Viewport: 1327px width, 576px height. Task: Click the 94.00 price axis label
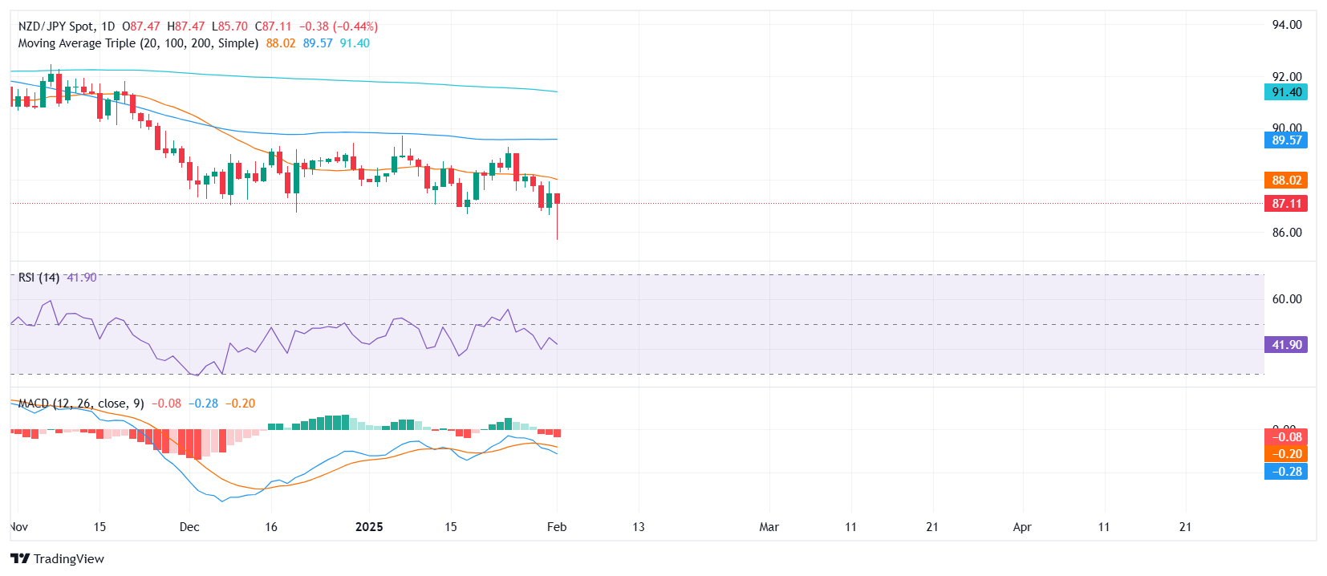tap(1287, 25)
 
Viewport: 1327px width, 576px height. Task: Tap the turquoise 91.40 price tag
tap(1286, 92)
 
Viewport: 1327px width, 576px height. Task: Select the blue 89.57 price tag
tap(1286, 140)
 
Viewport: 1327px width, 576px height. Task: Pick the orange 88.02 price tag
tap(1286, 181)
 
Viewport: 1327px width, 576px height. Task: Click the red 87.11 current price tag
tap(1286, 204)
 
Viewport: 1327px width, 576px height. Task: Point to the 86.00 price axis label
tap(1287, 233)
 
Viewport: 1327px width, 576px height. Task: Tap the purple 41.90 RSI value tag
tap(1286, 345)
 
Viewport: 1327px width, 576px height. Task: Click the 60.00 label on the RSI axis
tap(1287, 299)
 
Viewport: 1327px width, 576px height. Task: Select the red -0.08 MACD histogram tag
tap(1286, 437)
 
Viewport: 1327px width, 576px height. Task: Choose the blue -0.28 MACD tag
tap(1286, 472)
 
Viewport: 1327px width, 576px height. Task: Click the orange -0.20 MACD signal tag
tap(1286, 454)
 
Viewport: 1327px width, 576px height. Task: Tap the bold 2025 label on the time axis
tap(369, 527)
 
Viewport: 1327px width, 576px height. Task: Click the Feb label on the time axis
tap(557, 527)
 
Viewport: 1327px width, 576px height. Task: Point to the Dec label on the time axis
tap(189, 527)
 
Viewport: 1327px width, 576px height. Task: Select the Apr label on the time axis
tap(1022, 527)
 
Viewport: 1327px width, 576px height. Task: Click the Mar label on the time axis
tap(769, 527)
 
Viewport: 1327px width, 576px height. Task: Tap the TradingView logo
tap(58, 559)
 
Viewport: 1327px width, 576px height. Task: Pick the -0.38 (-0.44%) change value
tap(339, 26)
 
